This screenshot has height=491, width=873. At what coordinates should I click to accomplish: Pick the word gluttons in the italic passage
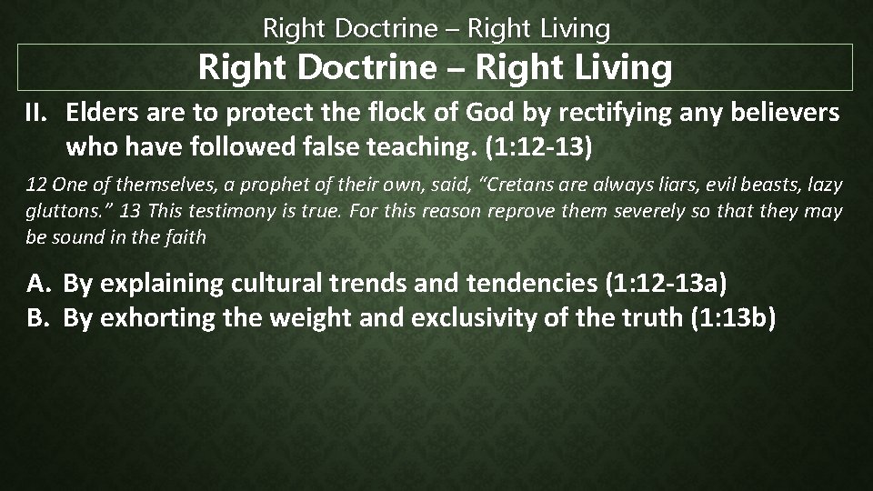[55, 212]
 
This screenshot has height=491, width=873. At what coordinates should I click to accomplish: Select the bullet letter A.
[37, 284]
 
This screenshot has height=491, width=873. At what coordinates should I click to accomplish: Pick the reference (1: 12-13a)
[666, 284]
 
